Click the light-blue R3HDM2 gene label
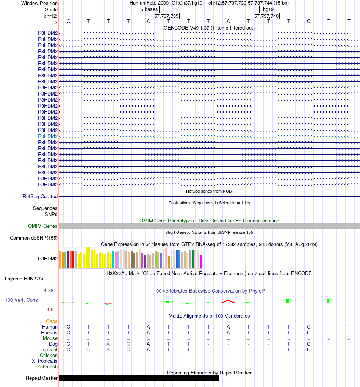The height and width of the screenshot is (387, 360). point(48,136)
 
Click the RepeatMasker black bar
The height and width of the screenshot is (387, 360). point(139,378)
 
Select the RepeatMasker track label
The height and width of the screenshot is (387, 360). point(42,378)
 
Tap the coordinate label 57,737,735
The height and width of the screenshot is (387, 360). point(166,16)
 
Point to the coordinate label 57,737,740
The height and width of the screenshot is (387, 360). point(266,16)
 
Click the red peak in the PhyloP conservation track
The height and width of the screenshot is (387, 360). point(228,301)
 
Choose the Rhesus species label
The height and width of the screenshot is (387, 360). point(49,332)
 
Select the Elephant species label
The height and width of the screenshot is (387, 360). point(48,349)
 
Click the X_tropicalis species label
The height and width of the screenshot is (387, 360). point(45,361)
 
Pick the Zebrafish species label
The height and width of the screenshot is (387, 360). point(47,367)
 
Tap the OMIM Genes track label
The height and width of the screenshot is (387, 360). point(43,226)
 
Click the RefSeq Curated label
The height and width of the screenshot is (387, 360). point(40,196)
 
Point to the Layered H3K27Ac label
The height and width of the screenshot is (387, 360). point(25,279)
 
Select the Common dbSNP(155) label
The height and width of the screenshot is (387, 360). point(34,238)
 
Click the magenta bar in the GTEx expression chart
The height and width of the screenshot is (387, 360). point(201,261)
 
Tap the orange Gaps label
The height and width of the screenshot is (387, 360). point(52,321)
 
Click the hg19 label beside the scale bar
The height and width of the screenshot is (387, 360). point(268,9)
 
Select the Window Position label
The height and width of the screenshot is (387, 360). point(39,3)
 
